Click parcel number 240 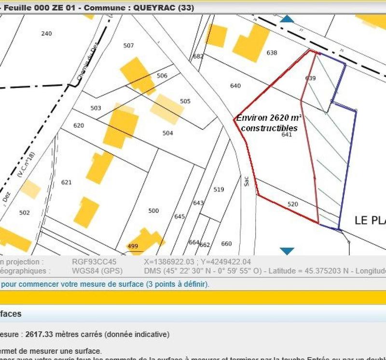pyautogui.click(x=46, y=33)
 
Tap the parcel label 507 pyautogui.click(x=128, y=46)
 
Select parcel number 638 pyautogui.click(x=272, y=53)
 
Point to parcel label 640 pyautogui.click(x=235, y=86)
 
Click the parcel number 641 pyautogui.click(x=287, y=135)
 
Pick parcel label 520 pyautogui.click(x=293, y=204)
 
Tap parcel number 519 pyautogui.click(x=219, y=189)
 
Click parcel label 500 pyautogui.click(x=153, y=211)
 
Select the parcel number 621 pyautogui.click(x=66, y=182)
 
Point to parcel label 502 pyautogui.click(x=25, y=213)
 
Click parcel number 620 pyautogui.click(x=79, y=125)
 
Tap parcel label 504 pyautogui.click(x=167, y=133)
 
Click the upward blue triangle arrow pyautogui.click(x=287, y=19)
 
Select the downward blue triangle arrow pyautogui.click(x=287, y=251)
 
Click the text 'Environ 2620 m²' pyautogui.click(x=269, y=118)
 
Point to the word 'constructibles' pyautogui.click(x=269, y=128)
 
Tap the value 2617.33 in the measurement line pyautogui.click(x=39, y=334)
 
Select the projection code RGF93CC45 pyautogui.click(x=94, y=262)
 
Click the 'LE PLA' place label pyautogui.click(x=370, y=220)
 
